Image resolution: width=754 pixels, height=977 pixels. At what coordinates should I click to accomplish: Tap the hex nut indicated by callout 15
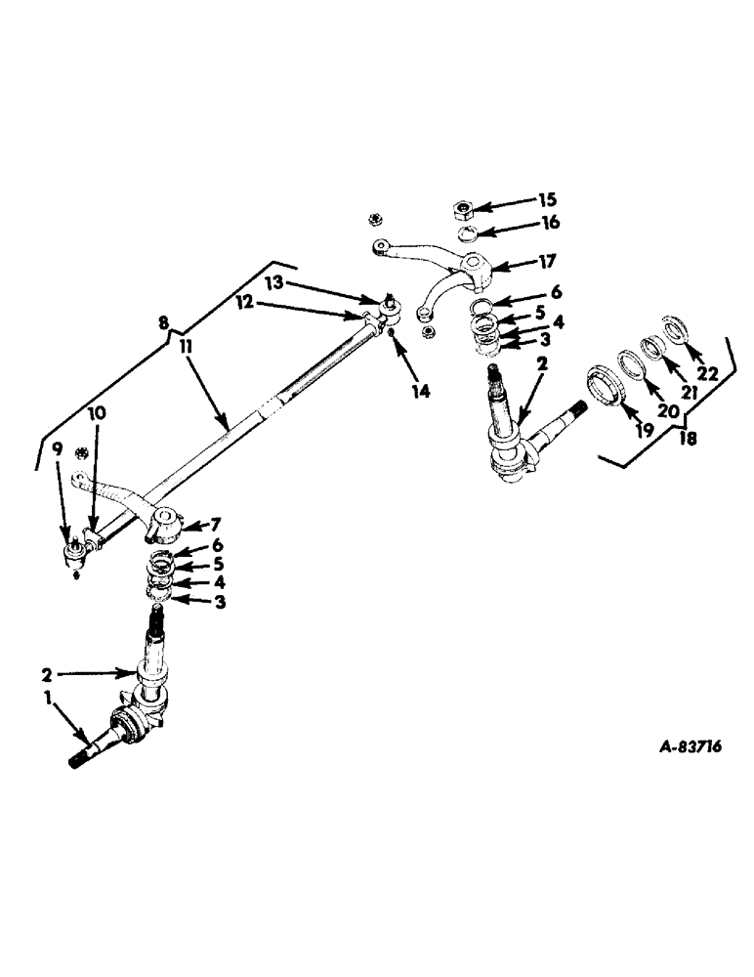[x=464, y=208]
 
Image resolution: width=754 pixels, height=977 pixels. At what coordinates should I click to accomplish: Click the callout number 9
[x=57, y=450]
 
